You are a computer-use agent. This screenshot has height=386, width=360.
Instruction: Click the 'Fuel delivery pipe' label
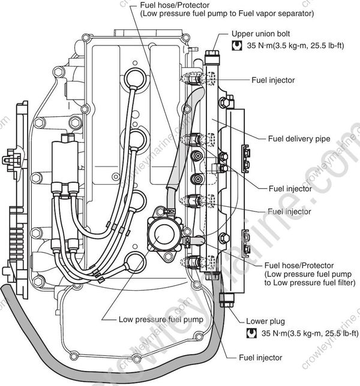click(298, 138)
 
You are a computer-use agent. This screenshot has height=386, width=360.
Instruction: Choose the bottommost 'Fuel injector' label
click(261, 357)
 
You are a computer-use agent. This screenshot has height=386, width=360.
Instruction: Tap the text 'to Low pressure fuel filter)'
click(311, 284)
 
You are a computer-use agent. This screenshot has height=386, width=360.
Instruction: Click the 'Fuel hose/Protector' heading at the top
click(170, 4)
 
